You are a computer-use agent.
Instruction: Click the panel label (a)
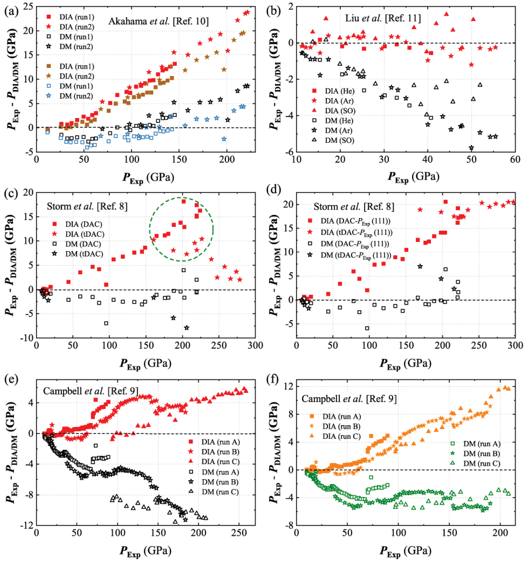[x=11, y=11]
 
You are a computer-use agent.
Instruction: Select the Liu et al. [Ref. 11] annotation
[x=383, y=18]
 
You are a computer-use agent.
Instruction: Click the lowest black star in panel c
[x=187, y=328]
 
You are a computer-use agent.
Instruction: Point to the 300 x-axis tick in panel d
[x=515, y=346]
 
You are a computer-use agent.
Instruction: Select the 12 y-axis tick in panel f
[x=289, y=387]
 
